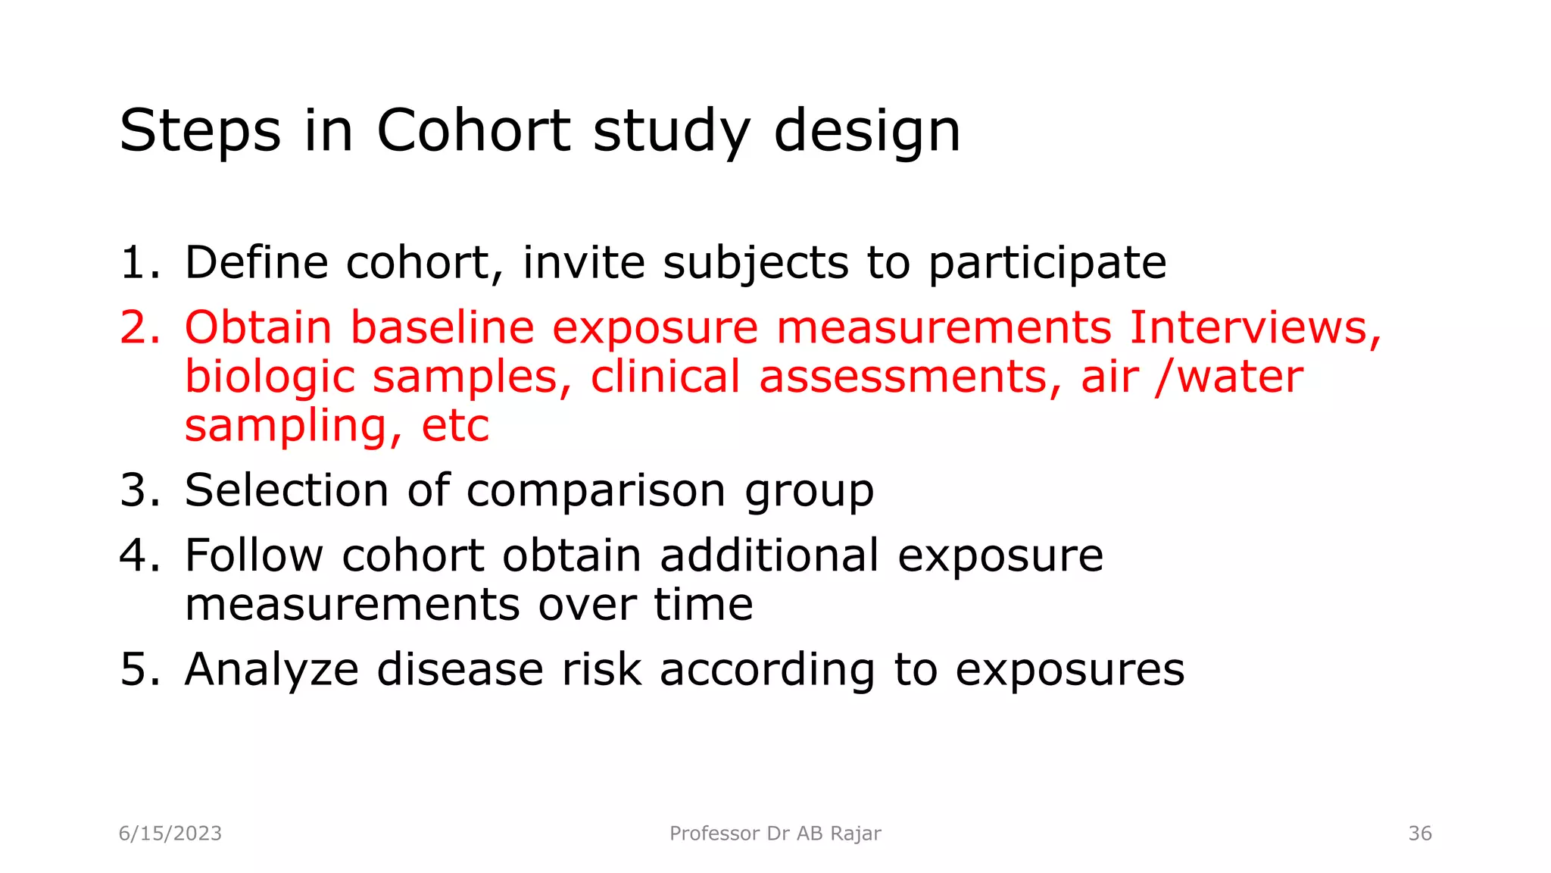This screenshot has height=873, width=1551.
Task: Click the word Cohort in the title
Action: coord(473,130)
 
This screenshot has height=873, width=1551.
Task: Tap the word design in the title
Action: coord(866,130)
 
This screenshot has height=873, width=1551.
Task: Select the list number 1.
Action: coord(138,262)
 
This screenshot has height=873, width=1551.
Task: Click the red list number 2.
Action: coord(139,327)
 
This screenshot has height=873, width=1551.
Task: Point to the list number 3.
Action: coord(139,490)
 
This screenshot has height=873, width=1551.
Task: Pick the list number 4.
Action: coord(139,555)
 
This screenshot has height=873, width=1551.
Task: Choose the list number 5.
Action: coord(139,669)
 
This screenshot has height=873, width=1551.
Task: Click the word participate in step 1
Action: coord(1047,264)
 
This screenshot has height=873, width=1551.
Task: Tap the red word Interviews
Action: coord(1255,327)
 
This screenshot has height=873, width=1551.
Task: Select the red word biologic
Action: coord(270,377)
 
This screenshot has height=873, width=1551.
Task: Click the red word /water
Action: coord(1228,377)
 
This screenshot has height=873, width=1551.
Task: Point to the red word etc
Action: coord(455,426)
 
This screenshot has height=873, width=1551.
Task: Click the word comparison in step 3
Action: coord(596,491)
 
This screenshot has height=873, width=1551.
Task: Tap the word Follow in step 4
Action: coord(254,555)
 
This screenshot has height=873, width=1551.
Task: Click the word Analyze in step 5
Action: coord(271,670)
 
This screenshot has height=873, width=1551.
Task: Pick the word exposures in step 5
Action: coord(1069,670)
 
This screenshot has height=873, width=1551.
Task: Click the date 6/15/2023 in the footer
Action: coord(170,834)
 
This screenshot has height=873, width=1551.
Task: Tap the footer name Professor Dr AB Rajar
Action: coord(775,834)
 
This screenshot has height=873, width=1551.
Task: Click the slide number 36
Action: coord(1419,834)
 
